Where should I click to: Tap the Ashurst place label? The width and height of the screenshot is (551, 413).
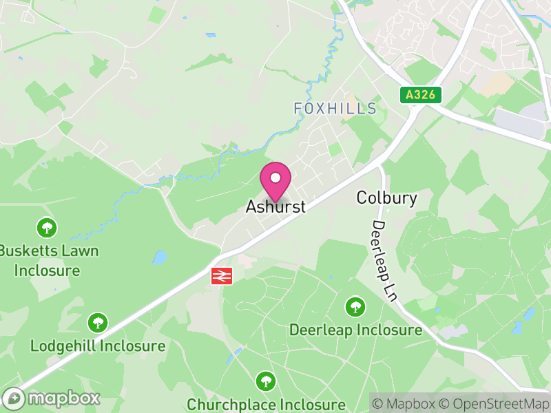click(275, 206)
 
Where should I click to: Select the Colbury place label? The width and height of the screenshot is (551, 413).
click(386, 198)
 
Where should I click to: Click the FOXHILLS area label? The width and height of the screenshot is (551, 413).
click(335, 109)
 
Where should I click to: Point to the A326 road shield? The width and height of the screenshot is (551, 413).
click(420, 95)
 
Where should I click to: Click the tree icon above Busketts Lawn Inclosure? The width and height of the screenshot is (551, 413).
click(47, 226)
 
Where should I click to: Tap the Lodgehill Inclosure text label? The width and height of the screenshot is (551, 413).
click(98, 346)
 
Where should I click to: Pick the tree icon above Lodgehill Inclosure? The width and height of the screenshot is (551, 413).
click(98, 321)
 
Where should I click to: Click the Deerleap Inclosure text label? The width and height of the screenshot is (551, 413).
click(355, 330)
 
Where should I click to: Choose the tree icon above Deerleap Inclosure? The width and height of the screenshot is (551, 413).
click(355, 306)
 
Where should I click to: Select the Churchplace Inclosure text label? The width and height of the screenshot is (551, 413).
click(266, 404)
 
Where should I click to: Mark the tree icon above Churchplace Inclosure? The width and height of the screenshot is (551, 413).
click(266, 381)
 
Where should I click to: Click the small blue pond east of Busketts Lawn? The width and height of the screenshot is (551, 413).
click(160, 257)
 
